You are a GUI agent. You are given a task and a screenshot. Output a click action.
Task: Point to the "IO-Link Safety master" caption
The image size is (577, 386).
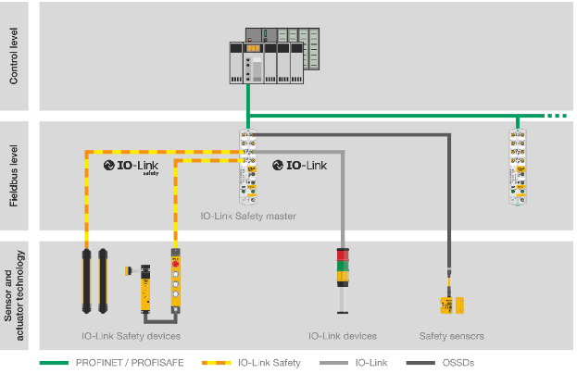[248, 216]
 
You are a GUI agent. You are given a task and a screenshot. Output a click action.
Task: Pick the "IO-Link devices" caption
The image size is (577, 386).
[342, 335]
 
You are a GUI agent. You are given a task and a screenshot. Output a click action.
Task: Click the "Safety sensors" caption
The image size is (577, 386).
[452, 335]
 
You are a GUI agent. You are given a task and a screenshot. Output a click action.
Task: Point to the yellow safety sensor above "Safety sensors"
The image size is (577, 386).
[451, 304]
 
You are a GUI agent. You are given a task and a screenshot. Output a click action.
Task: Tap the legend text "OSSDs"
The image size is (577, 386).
[458, 363]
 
